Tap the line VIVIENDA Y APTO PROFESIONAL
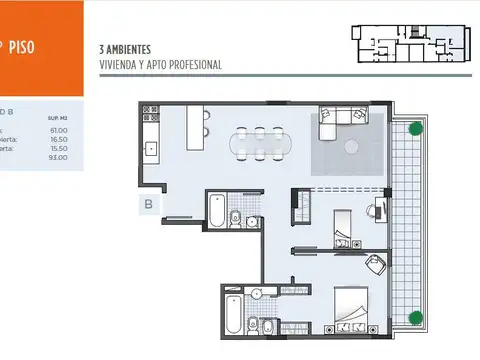160,64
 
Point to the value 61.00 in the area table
57,130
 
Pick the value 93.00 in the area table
57,158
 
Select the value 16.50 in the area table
57,139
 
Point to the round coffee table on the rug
351,146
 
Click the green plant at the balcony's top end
414,129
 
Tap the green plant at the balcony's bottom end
414,318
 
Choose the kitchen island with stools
197,126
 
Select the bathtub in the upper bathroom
216,211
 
